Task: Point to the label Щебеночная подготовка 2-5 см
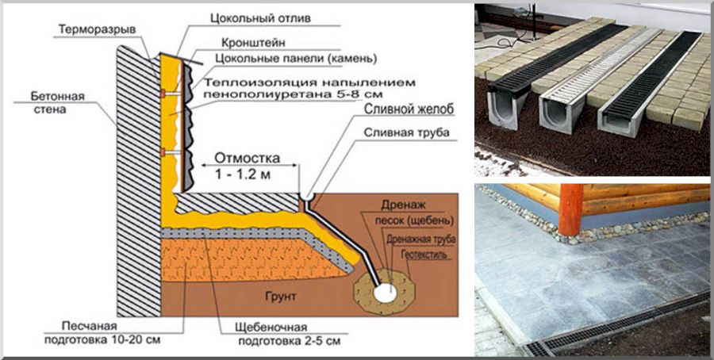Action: tap(278, 334)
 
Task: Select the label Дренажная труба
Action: tap(420, 238)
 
